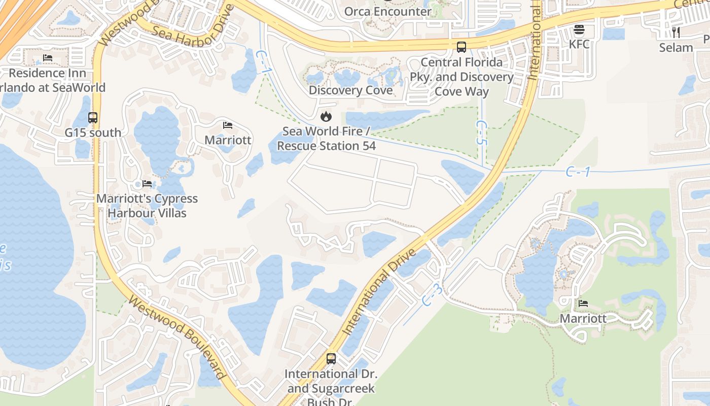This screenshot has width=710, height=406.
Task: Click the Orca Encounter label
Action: point(387,11)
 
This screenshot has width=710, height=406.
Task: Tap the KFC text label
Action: point(579,44)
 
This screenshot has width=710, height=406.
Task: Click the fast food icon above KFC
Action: point(579,30)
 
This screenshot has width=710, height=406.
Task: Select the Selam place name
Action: point(676,48)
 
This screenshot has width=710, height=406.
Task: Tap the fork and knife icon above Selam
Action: point(676,32)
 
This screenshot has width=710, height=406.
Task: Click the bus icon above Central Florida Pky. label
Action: point(461,47)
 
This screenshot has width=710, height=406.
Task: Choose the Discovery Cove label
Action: point(350,90)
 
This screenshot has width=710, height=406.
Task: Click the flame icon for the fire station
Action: point(326,117)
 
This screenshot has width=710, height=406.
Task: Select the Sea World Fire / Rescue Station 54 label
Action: point(326,139)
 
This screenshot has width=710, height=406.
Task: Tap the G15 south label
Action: point(93,133)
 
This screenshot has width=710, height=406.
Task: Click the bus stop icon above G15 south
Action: point(93,118)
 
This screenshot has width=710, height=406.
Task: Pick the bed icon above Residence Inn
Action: point(48,58)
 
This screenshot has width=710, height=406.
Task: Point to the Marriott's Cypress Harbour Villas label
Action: point(147,206)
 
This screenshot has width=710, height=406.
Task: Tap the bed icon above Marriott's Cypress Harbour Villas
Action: point(147,184)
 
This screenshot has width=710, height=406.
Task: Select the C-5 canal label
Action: point(481,133)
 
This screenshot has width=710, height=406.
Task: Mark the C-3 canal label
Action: point(433,294)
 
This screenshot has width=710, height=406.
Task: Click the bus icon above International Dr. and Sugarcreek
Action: point(331,359)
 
